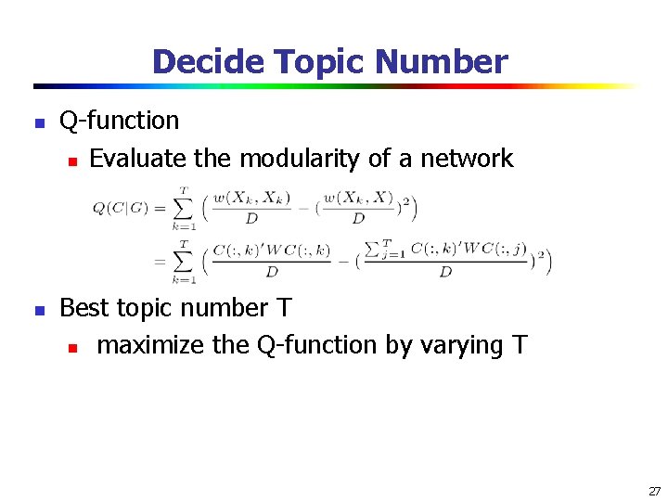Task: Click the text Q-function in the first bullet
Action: click(119, 121)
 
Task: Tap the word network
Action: click(467, 159)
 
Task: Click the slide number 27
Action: click(654, 491)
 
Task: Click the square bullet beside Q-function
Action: click(39, 122)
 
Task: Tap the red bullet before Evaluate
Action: click(71, 161)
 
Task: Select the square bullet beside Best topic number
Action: click(39, 310)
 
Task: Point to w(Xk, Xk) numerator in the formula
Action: click(250, 197)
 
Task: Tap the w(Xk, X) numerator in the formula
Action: click(358, 197)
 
